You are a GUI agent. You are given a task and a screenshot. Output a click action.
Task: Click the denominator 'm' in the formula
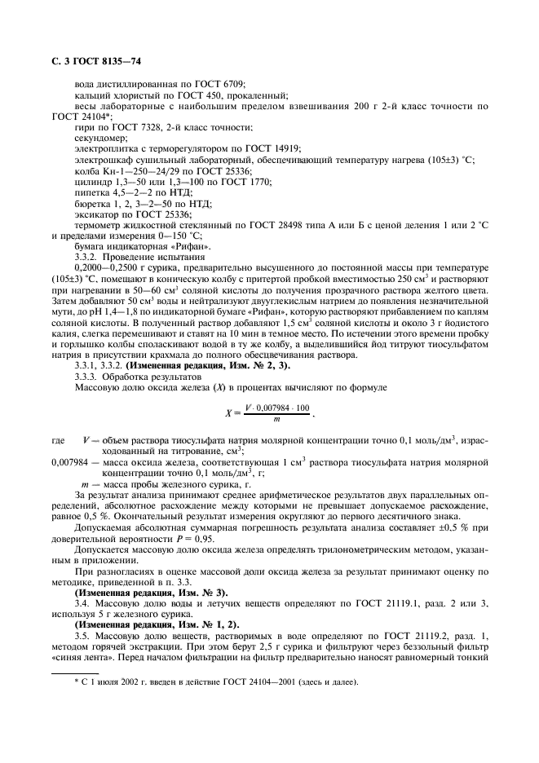click(x=276, y=419)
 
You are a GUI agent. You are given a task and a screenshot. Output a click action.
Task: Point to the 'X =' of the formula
click(x=231, y=413)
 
